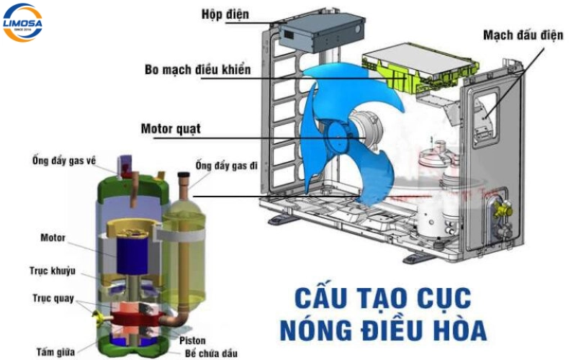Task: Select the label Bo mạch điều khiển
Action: pos(197,70)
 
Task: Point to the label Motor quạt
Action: pos(171,130)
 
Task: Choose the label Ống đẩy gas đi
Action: pos(225,166)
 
